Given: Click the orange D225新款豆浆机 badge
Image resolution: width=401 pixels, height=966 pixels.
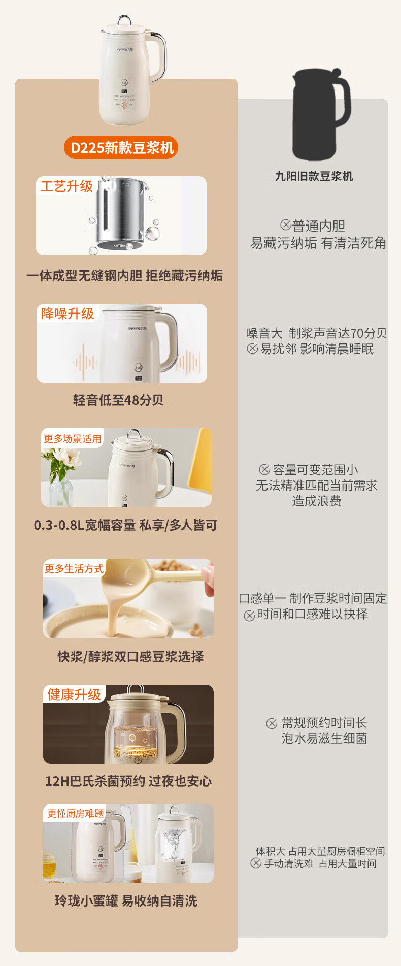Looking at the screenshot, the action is click(x=121, y=148).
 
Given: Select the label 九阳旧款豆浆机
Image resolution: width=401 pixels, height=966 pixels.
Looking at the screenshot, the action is click(x=314, y=176).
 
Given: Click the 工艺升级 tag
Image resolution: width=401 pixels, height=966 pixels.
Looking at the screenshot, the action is click(x=66, y=186).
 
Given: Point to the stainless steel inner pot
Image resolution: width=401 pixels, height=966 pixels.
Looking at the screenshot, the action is click(x=122, y=213).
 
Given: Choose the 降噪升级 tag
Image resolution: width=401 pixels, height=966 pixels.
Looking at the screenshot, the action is click(x=68, y=313).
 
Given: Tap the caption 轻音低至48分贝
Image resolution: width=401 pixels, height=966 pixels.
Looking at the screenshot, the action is click(x=118, y=400).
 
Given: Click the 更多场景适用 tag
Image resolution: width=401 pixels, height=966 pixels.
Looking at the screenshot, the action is click(x=73, y=439).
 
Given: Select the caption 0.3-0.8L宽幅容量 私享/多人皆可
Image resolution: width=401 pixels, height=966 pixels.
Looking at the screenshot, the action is click(x=125, y=525).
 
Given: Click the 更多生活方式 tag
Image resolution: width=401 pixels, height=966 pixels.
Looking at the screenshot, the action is click(x=74, y=568).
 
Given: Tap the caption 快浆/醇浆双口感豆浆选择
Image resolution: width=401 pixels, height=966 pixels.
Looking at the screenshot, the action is click(x=130, y=657).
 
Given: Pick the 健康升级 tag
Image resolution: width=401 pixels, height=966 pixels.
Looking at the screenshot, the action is click(x=74, y=694).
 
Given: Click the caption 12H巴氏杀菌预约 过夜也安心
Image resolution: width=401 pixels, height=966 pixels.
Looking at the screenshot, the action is click(x=128, y=781).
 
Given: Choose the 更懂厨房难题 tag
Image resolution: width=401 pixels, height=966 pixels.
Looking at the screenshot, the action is click(x=76, y=813).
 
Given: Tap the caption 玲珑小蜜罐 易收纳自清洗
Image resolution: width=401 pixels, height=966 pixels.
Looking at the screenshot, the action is click(x=126, y=901).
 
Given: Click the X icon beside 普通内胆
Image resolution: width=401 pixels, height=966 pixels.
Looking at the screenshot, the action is click(x=286, y=224).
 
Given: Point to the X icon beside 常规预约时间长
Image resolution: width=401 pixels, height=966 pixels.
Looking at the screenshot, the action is click(x=272, y=723).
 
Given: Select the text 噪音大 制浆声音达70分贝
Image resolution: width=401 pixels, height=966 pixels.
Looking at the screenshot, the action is click(x=317, y=333).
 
